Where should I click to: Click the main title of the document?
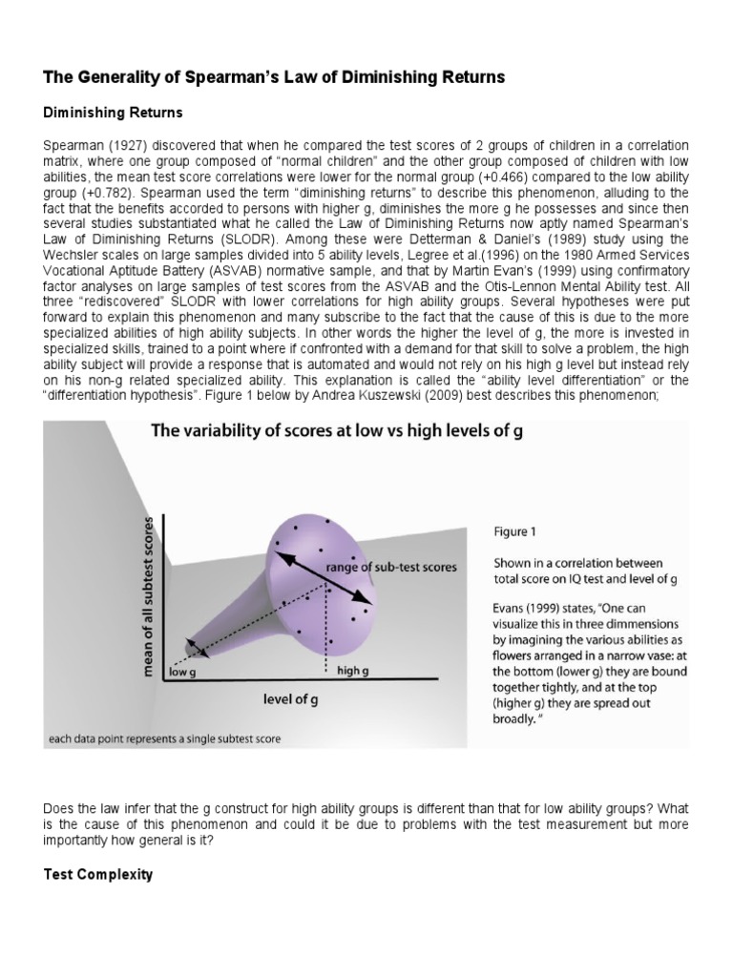283,75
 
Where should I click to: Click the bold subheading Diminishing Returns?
113,113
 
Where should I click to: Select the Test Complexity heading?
98,874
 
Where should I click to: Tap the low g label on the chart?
182,672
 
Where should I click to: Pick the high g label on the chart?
355,672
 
